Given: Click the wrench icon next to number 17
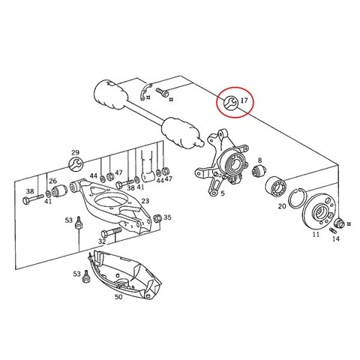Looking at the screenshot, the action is (230, 103).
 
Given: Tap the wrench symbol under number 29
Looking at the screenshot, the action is (75, 164).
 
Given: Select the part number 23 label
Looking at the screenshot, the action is (145, 201).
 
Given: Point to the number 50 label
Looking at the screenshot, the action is (118, 297).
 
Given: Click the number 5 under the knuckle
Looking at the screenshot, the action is (223, 193).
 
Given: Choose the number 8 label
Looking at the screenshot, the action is (259, 160).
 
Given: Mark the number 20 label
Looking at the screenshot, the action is (282, 206).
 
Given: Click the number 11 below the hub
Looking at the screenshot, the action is (316, 235).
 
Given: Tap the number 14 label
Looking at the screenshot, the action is (336, 238).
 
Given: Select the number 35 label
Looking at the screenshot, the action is (167, 217).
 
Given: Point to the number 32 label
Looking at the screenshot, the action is (102, 241).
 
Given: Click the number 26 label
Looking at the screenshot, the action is (52, 181).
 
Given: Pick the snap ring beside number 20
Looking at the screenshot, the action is (296, 199).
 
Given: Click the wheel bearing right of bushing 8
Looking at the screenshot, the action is (276, 186).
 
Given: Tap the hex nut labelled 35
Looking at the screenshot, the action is (157, 218).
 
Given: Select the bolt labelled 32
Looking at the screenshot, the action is (112, 232).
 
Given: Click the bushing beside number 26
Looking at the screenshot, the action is (59, 190).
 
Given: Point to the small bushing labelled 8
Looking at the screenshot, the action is (259, 170).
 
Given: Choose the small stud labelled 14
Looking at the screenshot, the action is (332, 230).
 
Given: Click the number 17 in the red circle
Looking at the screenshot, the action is (244, 100).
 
